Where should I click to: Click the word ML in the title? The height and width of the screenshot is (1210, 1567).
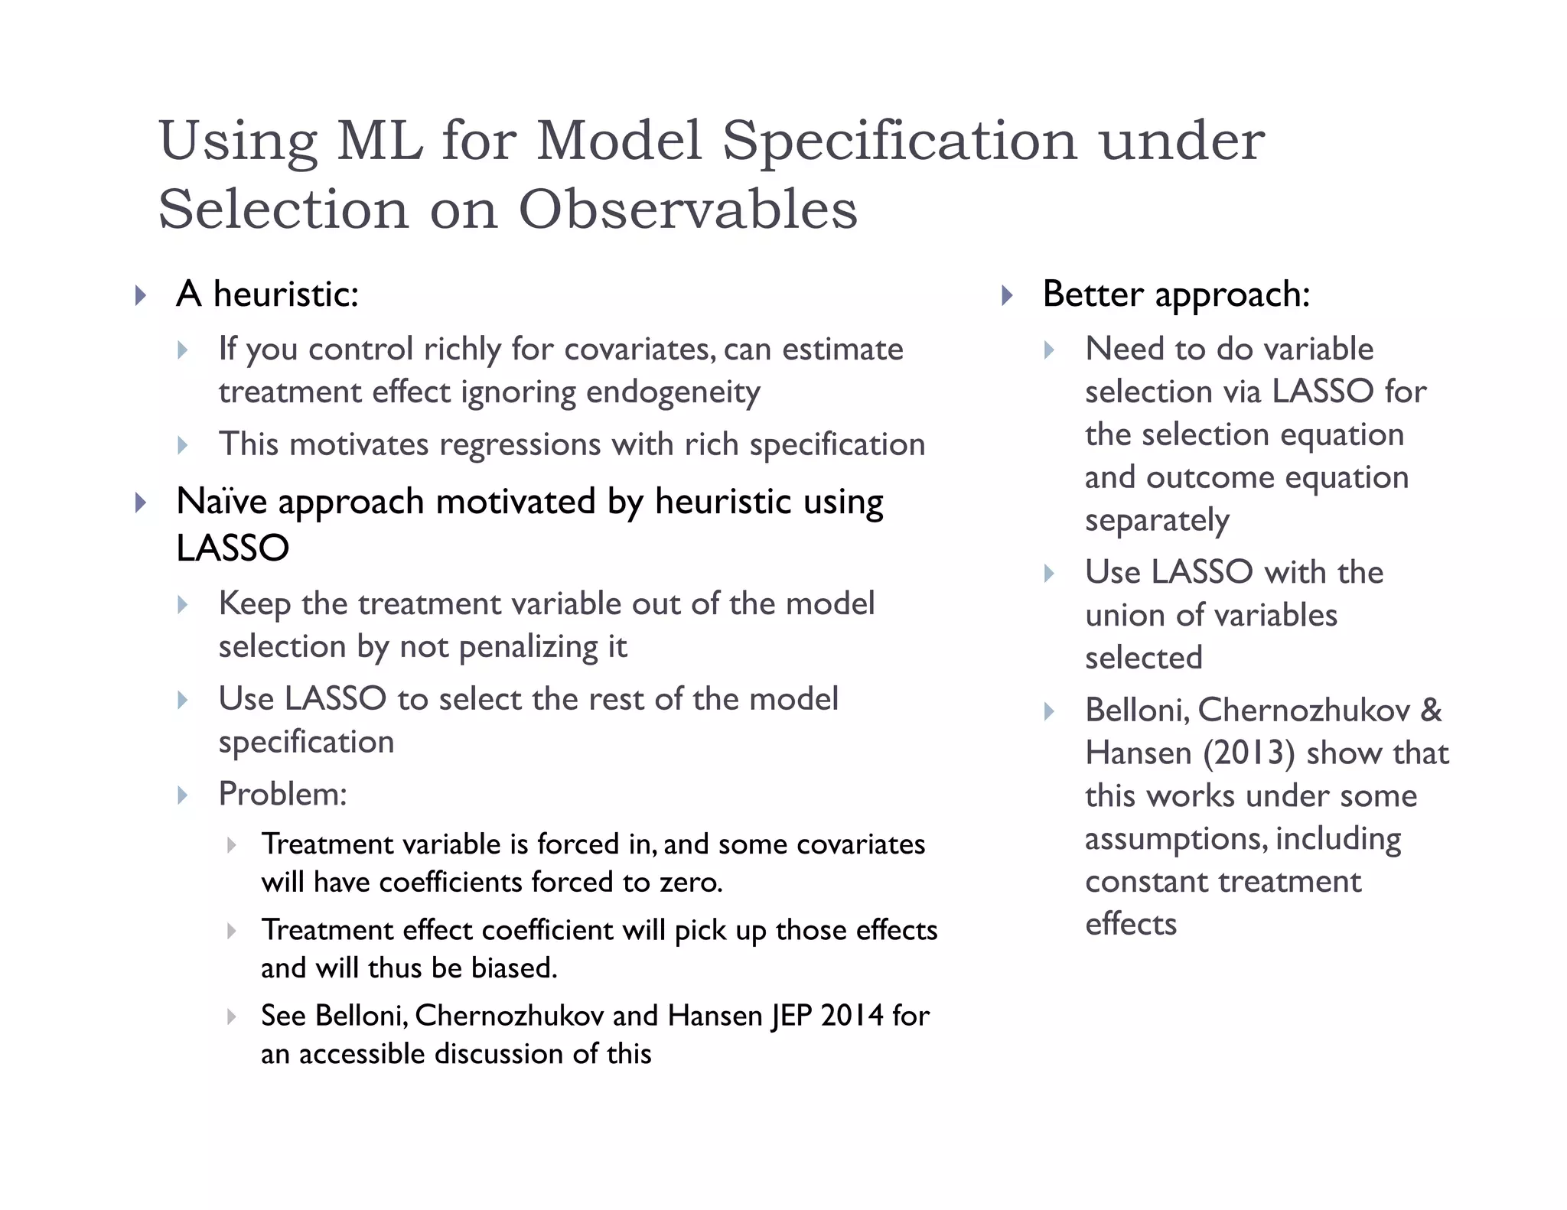pyautogui.click(x=380, y=141)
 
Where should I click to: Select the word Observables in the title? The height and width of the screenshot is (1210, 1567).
pyautogui.click(x=688, y=210)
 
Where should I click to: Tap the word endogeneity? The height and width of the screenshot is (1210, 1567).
pyautogui.click(x=673, y=392)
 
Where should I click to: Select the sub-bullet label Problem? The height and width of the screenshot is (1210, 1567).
pyautogui.click(x=282, y=794)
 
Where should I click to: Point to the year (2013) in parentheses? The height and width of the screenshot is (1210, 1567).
pyautogui.click(x=1249, y=753)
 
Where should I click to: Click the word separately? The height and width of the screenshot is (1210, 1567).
pyautogui.click(x=1157, y=521)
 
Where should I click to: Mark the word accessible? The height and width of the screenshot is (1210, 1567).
pyautogui.click(x=362, y=1054)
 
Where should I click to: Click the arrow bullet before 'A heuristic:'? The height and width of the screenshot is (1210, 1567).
pyautogui.click(x=140, y=295)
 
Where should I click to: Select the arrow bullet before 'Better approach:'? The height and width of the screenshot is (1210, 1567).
pyautogui.click(x=1006, y=295)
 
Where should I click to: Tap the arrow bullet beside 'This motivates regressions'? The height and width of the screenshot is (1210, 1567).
pyautogui.click(x=182, y=445)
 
